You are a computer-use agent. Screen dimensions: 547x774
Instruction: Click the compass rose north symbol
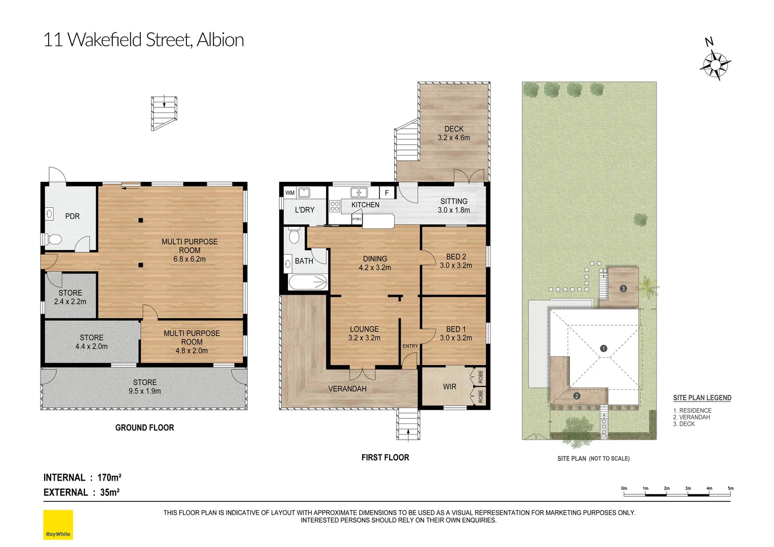[715, 64]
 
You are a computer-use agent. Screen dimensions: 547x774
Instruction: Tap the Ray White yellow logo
[58, 525]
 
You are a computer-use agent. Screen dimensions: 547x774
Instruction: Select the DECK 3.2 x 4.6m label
[454, 133]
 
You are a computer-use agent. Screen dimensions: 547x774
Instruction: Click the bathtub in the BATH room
[308, 282]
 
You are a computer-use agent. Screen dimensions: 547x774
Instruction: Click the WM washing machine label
[290, 193]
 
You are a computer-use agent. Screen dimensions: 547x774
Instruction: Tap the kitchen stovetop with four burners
[335, 206]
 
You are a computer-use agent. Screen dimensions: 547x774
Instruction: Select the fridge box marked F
[386, 193]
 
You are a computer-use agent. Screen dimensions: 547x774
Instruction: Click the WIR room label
[449, 387]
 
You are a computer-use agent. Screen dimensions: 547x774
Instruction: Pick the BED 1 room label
[456, 333]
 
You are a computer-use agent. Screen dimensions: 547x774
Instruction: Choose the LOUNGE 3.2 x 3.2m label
[364, 333]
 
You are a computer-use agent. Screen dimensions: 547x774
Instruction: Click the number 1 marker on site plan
[603, 348]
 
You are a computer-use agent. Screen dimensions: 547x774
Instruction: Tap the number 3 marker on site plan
[623, 288]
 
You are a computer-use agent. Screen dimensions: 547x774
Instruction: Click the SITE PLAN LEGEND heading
[702, 398]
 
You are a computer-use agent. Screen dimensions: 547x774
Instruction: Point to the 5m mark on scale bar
[730, 489]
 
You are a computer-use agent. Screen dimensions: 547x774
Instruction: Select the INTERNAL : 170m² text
[83, 478]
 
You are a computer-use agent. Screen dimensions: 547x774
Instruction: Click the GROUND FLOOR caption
[144, 428]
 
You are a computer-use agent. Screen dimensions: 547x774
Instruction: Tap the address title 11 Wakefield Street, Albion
[143, 40]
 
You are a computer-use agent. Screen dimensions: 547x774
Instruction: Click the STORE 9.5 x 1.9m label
[145, 386]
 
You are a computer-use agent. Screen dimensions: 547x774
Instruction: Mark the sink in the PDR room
[50, 214]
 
